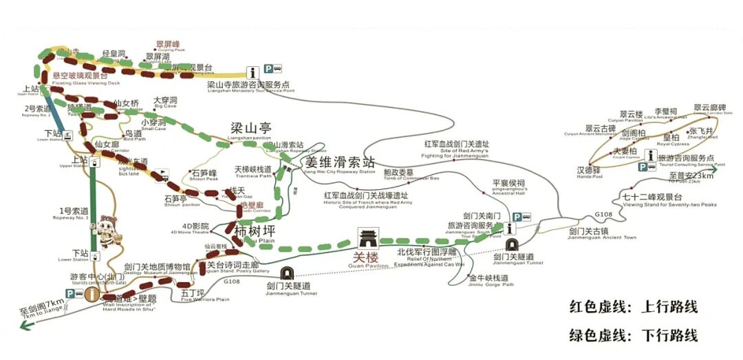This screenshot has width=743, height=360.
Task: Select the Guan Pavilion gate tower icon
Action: click(x=369, y=239)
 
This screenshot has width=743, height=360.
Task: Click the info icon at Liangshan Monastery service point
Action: click(x=253, y=71)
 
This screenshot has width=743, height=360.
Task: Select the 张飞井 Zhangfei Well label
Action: click(x=702, y=131)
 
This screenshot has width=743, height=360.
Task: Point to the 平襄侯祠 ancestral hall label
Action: click(x=508, y=184)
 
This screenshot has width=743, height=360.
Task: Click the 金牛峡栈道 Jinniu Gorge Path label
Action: click(x=488, y=278)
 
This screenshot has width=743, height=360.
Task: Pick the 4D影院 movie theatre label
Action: click(x=195, y=226)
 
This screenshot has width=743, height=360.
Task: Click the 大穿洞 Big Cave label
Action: click(x=166, y=100)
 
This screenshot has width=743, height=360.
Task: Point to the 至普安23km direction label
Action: click(x=691, y=176)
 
